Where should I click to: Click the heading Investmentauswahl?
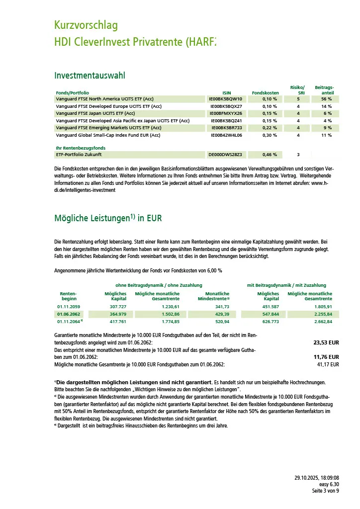90,76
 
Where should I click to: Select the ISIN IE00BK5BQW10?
226,99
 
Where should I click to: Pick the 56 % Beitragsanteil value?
326,99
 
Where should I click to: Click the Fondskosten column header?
266,93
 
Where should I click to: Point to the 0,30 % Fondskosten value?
270,135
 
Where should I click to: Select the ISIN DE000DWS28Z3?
225,155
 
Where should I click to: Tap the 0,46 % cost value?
270,155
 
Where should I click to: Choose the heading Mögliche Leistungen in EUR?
107,218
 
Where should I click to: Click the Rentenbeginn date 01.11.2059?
69,307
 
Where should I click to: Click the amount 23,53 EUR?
326,343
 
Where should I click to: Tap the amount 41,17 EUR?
328,364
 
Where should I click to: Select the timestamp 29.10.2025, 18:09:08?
317,478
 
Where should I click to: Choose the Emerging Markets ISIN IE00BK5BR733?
226,128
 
